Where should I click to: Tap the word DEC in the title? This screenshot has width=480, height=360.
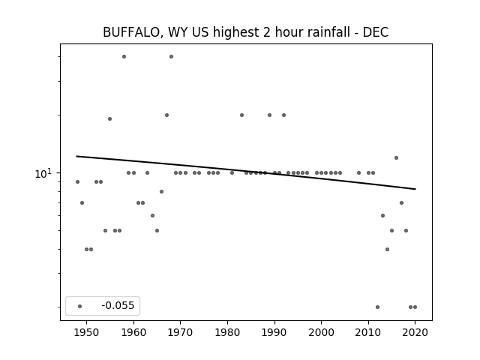(376, 32)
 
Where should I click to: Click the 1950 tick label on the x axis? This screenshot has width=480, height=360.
(87, 332)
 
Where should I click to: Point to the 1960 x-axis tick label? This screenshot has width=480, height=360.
(133, 332)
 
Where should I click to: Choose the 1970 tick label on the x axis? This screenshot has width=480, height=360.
(180, 332)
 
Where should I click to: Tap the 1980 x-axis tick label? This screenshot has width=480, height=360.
(227, 332)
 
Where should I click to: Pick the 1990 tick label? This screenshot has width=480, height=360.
(274, 332)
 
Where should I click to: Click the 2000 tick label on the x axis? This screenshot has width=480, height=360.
(322, 332)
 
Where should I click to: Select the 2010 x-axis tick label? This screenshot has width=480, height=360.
(368, 332)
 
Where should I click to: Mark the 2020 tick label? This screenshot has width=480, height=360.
(415, 332)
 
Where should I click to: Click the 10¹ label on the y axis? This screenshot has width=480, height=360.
(43, 173)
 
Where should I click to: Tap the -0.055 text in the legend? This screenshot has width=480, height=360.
(118, 305)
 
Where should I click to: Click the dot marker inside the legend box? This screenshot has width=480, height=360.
(80, 306)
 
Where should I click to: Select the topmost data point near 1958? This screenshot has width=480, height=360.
(124, 57)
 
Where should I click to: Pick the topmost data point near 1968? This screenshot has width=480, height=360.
(172, 57)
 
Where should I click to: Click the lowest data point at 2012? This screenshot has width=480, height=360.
(377, 307)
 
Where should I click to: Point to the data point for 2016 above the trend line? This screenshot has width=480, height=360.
(397, 158)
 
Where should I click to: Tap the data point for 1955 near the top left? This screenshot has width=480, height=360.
(110, 118)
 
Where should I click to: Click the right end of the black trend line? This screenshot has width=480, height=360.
(415, 189)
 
